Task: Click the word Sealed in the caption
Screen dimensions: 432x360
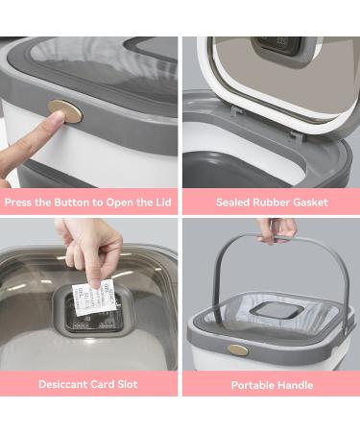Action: coord(236,203)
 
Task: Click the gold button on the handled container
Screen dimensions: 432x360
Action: coord(237,349)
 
